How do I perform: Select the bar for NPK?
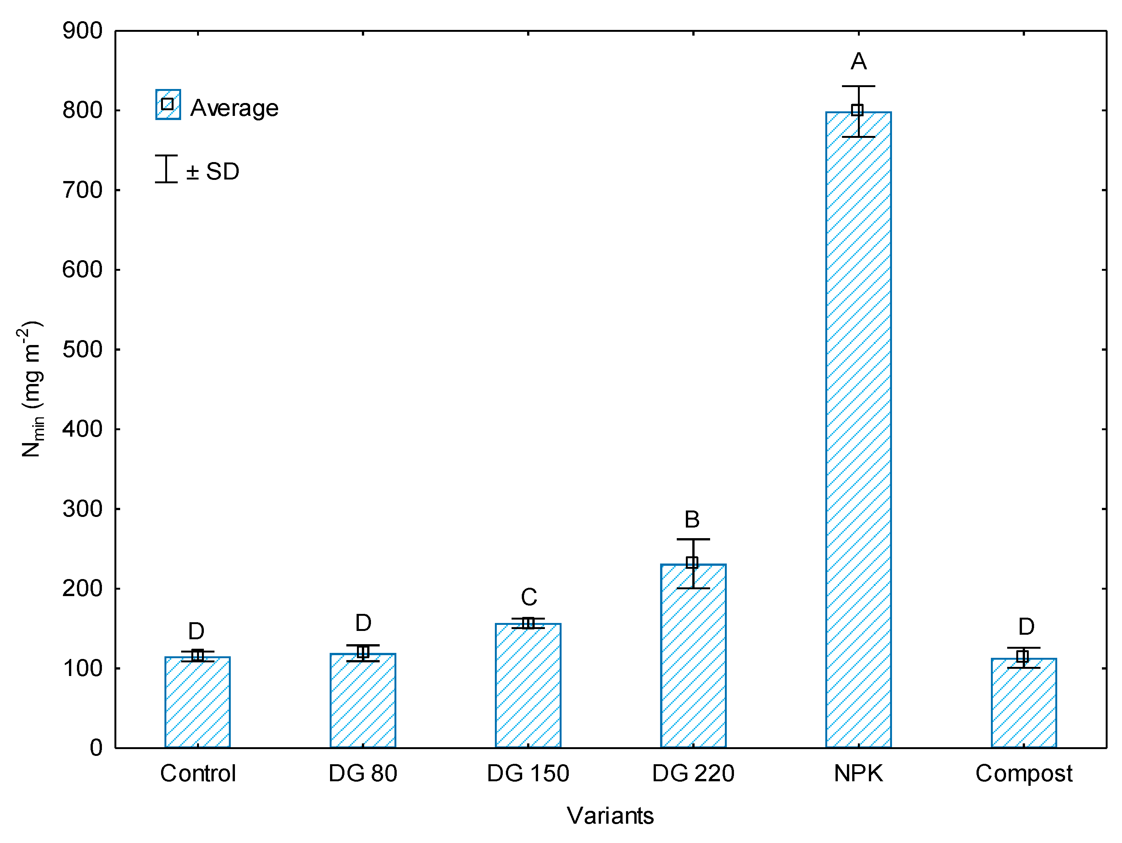(858, 431)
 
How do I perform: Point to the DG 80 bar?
(363, 702)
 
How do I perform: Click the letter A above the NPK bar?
(858, 62)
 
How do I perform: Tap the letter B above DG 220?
(692, 520)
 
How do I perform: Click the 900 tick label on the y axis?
(82, 31)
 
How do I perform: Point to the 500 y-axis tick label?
(82, 350)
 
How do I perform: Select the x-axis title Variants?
(610, 816)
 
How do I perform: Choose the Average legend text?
(234, 108)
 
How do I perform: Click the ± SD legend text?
(213, 171)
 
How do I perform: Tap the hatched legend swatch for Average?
(168, 105)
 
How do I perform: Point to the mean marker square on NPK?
(857, 110)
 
